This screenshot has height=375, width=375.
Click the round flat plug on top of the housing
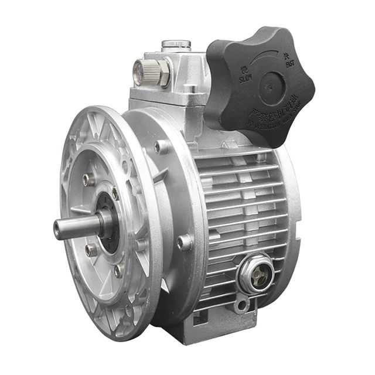tap(176, 44)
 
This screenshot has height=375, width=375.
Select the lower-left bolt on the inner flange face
tap(91, 250)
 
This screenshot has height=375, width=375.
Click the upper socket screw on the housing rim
tap(161, 146)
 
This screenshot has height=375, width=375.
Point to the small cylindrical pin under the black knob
tap(190, 90)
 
